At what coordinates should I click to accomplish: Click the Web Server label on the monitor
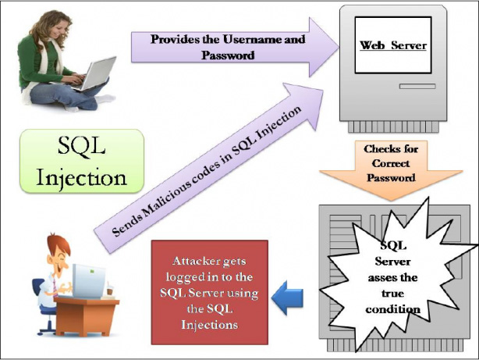tap(392, 45)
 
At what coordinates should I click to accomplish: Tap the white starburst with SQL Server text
tap(392, 274)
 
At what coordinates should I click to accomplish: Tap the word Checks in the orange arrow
tap(381, 148)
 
